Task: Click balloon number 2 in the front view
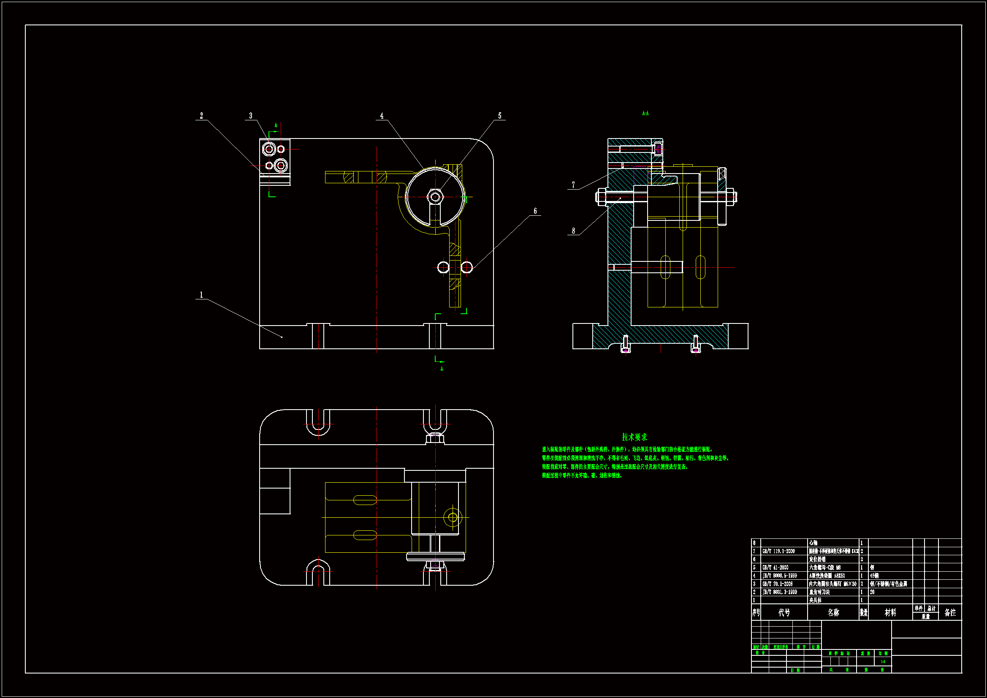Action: [201, 116]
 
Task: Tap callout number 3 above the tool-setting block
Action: [251, 116]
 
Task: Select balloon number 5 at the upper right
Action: [499, 116]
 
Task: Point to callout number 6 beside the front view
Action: [535, 211]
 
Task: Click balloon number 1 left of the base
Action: [201, 295]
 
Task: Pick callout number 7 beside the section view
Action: [573, 185]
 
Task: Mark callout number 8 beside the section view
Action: [573, 231]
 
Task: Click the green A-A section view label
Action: [645, 114]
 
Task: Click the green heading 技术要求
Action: [634, 437]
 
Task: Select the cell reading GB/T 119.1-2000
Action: [778, 551]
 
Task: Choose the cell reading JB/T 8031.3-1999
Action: [779, 592]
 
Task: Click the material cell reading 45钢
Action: [874, 576]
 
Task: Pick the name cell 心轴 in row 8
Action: [813, 543]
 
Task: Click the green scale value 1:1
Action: [883, 662]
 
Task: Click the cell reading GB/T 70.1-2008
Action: [778, 584]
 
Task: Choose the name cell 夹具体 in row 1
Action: [815, 600]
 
